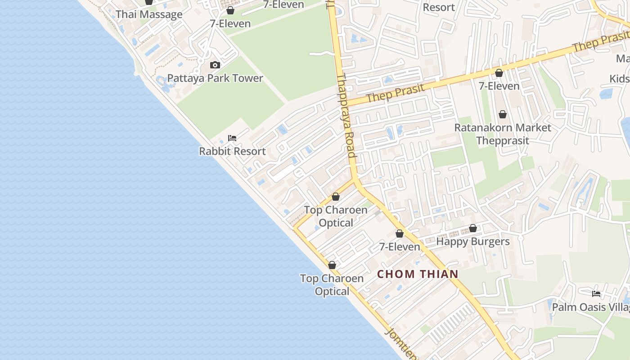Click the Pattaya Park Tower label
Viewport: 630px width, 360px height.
(x=215, y=78)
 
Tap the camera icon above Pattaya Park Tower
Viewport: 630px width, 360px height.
(x=215, y=65)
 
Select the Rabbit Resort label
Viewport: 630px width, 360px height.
(x=232, y=151)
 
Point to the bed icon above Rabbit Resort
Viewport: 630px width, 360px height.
(x=232, y=138)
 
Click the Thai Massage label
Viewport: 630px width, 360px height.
(x=149, y=14)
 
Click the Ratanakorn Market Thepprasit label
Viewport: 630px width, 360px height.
(x=502, y=134)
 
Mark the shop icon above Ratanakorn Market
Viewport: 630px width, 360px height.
(x=503, y=115)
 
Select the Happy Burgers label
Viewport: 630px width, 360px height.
(x=473, y=242)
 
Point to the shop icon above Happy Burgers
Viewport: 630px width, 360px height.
(x=473, y=229)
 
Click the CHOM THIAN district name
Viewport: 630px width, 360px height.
(x=418, y=274)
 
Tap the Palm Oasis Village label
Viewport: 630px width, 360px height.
(x=590, y=307)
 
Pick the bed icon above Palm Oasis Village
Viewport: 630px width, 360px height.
(x=596, y=294)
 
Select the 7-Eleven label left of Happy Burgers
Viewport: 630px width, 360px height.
(x=400, y=247)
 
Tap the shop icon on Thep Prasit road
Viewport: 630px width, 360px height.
(x=499, y=73)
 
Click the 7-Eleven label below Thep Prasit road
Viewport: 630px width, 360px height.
(x=499, y=86)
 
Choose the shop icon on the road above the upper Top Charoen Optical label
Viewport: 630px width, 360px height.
(x=335, y=197)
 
